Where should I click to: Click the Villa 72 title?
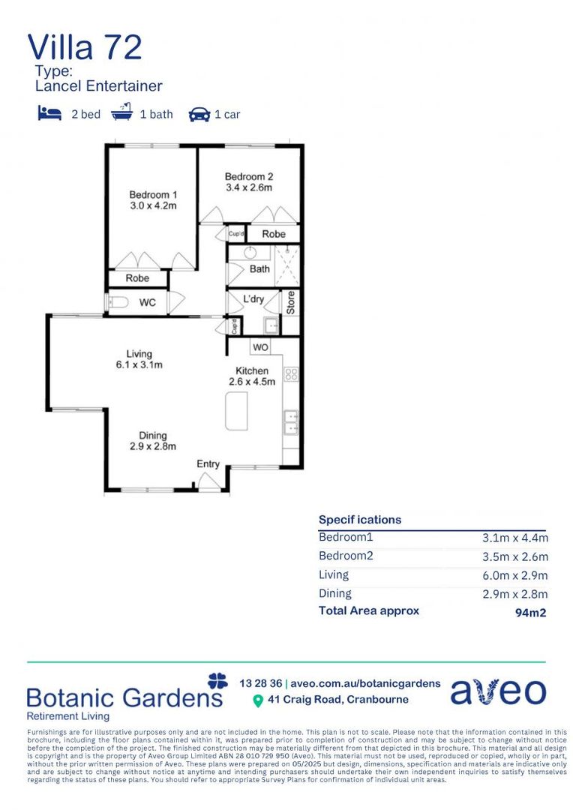click(x=85, y=46)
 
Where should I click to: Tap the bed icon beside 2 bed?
click(x=49, y=113)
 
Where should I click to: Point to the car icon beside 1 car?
click(x=199, y=114)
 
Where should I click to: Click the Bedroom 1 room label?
click(x=153, y=195)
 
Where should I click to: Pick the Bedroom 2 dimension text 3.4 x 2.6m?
click(x=248, y=187)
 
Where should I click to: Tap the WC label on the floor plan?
click(x=148, y=303)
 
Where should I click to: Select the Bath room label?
click(x=259, y=268)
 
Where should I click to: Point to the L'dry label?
click(x=253, y=299)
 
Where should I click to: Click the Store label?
click(x=291, y=302)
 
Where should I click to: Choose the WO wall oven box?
click(x=260, y=347)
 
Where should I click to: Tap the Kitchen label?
click(x=252, y=370)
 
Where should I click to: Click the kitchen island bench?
click(x=236, y=411)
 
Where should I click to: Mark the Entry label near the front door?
click(x=208, y=464)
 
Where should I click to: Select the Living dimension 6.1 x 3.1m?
click(x=139, y=365)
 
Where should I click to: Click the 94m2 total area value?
click(x=529, y=612)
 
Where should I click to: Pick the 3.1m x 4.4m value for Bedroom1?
click(x=514, y=538)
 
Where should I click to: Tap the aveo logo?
click(x=498, y=691)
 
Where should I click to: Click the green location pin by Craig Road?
click(x=258, y=701)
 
